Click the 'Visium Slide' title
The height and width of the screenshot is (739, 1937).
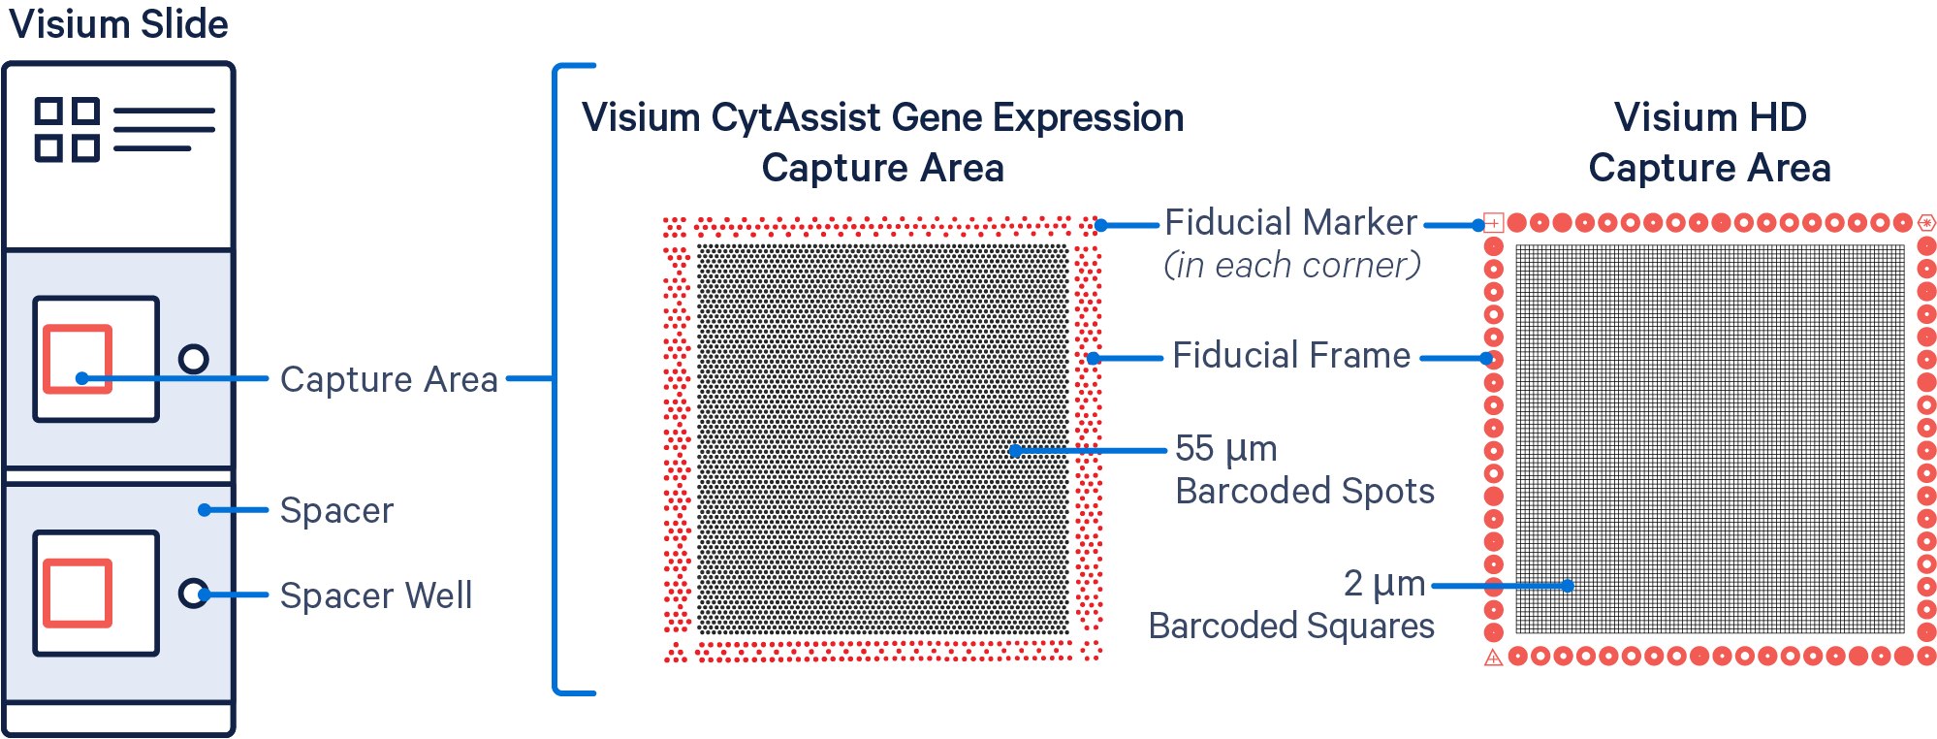click(x=118, y=24)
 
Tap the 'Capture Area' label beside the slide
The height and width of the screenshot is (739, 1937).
click(x=389, y=379)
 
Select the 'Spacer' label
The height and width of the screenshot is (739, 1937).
click(x=336, y=510)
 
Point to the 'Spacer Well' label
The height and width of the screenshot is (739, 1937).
click(x=376, y=595)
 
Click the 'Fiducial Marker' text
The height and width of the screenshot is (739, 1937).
click(x=1290, y=223)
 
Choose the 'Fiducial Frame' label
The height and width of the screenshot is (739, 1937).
click(x=1291, y=356)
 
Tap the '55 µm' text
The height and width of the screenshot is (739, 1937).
click(x=1225, y=449)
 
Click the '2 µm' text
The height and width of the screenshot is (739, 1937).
click(x=1383, y=584)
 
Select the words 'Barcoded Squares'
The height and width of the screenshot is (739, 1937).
click(x=1291, y=627)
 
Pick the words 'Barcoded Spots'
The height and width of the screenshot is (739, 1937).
click(x=1305, y=492)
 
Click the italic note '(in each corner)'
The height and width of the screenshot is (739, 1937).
click(x=1291, y=265)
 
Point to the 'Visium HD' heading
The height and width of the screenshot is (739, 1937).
click(x=1710, y=117)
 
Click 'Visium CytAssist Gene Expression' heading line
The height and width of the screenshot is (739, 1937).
click(x=882, y=117)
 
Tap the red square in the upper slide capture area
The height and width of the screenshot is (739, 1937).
click(x=78, y=359)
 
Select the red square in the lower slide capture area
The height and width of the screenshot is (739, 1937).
click(x=78, y=593)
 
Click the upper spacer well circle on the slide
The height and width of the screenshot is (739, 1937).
click(x=194, y=359)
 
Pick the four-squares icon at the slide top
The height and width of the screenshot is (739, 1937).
click(x=66, y=129)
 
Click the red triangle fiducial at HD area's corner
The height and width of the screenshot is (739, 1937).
click(x=1493, y=658)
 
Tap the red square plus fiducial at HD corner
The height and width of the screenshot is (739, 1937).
click(x=1493, y=223)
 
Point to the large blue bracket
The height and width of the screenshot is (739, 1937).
click(x=556, y=379)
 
